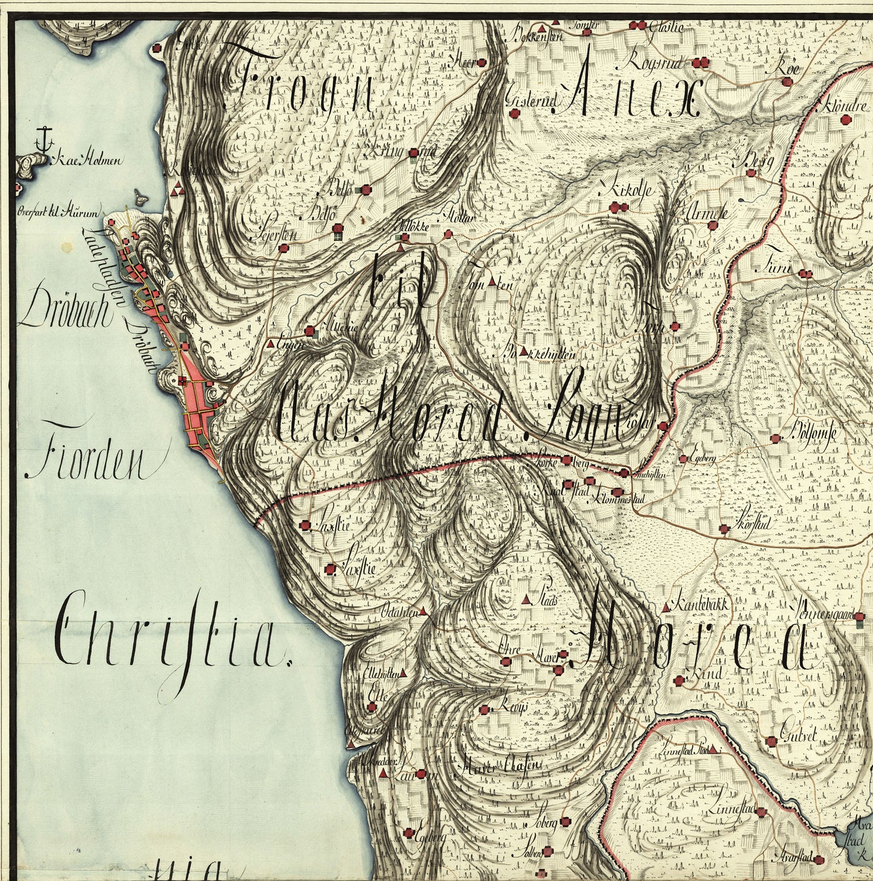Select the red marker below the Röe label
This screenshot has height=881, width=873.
(x=786, y=82)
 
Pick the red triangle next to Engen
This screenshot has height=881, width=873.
(x=269, y=343)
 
